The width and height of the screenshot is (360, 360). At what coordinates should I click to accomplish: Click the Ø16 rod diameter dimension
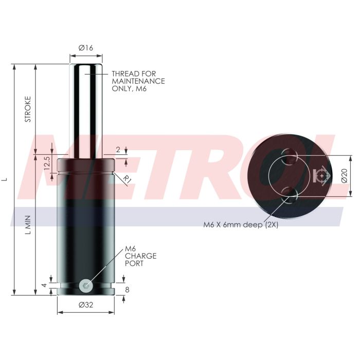(x=86, y=48)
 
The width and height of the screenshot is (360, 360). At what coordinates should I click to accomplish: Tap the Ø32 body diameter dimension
(x=86, y=305)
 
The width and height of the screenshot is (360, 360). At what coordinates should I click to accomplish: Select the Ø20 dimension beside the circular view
(x=345, y=176)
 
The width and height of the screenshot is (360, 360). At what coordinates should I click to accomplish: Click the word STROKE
(x=28, y=109)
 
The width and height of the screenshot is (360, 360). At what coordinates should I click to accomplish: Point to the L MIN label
(x=28, y=225)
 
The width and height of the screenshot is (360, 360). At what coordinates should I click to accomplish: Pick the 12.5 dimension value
(x=47, y=163)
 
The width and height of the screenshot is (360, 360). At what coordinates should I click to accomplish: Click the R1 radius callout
(x=127, y=179)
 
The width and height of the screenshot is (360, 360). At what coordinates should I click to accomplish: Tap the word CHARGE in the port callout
(x=141, y=256)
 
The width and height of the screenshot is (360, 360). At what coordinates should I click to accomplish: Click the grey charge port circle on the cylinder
(x=86, y=285)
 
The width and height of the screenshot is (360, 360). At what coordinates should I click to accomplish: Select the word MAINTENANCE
(x=138, y=81)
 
